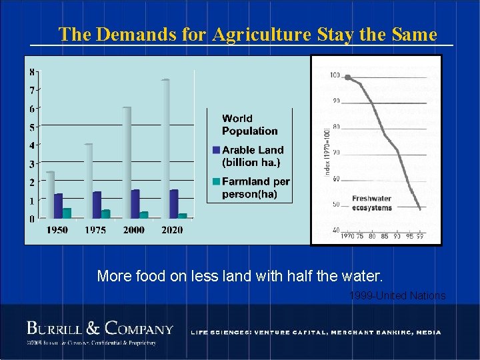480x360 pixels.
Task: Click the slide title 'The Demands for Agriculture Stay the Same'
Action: (x=247, y=34)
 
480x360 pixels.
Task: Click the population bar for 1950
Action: (x=50, y=195)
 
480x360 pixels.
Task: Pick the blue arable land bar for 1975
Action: (x=97, y=205)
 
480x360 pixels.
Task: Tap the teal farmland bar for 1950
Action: (x=67, y=213)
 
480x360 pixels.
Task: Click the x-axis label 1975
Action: (x=96, y=230)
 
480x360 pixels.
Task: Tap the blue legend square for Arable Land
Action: (x=217, y=150)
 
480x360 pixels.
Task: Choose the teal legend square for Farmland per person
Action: (x=217, y=181)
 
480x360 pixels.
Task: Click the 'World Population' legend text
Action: (x=249, y=125)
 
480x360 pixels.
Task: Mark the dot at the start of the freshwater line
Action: (x=348, y=77)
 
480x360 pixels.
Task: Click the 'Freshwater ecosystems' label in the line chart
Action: (x=371, y=203)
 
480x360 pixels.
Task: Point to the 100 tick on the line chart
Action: (x=335, y=75)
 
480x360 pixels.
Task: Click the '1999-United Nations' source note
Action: (x=397, y=295)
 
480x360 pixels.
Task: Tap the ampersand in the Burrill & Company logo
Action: (x=93, y=328)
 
